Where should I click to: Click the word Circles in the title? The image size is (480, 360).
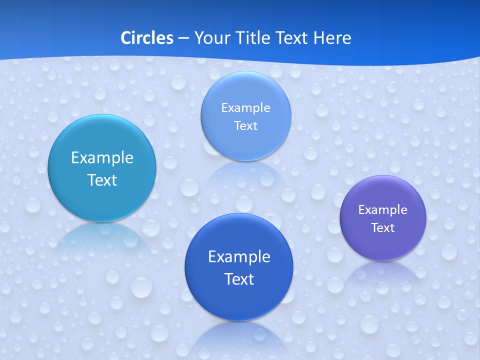[x=146, y=38]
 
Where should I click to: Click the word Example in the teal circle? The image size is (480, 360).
[x=102, y=158]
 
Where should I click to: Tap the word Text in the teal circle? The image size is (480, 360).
[x=102, y=180]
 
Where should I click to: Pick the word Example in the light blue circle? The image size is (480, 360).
[x=245, y=108]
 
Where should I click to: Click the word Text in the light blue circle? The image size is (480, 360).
[x=245, y=126]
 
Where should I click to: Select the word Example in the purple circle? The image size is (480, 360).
[x=383, y=210]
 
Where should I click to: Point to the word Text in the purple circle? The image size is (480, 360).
[x=383, y=228]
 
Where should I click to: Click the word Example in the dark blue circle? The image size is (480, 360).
[x=239, y=257]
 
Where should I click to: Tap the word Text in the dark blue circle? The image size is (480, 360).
[x=239, y=279]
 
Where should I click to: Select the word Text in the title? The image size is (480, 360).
[x=292, y=38]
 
